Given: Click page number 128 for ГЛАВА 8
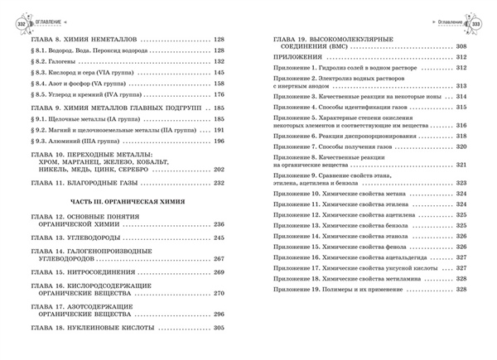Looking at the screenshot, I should (x=220, y=39).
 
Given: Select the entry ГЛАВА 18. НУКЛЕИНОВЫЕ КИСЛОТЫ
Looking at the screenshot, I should (x=102, y=329).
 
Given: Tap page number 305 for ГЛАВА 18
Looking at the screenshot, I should (x=220, y=329).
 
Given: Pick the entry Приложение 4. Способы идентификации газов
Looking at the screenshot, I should (x=340, y=108).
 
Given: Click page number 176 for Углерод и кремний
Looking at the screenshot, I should (x=220, y=96).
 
